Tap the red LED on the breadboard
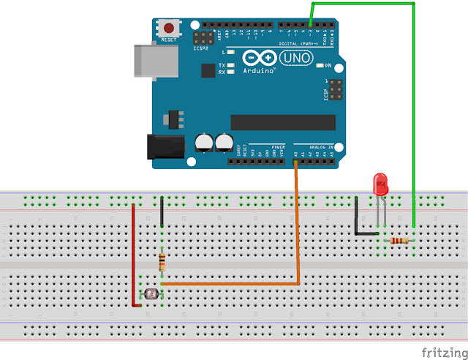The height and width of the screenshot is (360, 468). coord(380,184)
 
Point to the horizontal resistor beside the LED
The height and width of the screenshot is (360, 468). coord(399,241)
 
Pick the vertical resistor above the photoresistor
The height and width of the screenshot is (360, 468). coord(162,261)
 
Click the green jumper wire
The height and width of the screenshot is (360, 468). coord(414,110)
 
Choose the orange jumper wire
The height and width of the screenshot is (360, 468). coord(297,227)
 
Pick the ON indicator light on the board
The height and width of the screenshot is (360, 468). coord(319,66)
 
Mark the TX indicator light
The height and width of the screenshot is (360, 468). coord(231,65)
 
